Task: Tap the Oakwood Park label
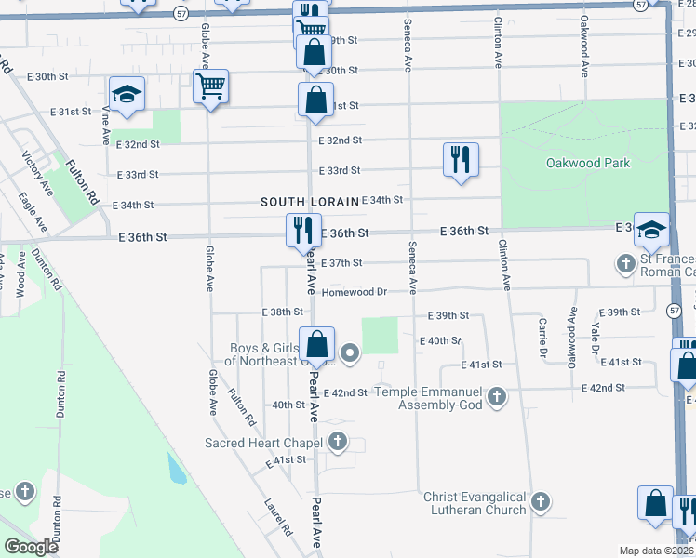click(587, 164)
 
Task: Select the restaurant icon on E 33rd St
click(461, 159)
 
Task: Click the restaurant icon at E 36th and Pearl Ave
click(301, 230)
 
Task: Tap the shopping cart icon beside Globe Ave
click(211, 88)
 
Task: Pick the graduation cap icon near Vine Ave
click(127, 95)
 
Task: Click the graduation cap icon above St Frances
click(651, 229)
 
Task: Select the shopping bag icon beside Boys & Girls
click(317, 343)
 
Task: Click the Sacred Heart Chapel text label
click(263, 442)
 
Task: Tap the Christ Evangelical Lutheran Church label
click(474, 503)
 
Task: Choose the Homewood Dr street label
click(355, 292)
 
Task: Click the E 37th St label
click(341, 263)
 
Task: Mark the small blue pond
click(176, 470)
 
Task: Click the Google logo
click(32, 547)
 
